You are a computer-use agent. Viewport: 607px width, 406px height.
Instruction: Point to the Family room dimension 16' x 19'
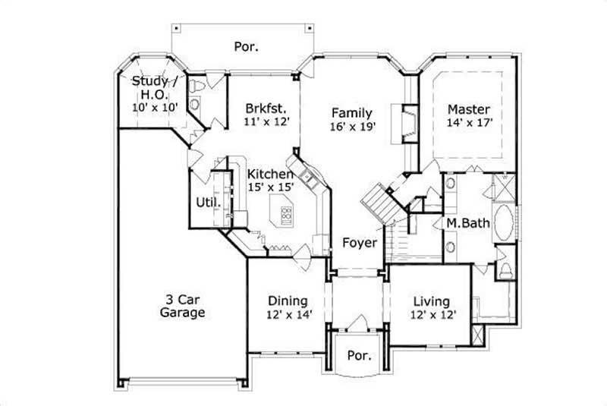tap(354, 127)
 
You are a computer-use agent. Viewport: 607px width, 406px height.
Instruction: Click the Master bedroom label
tap(467, 109)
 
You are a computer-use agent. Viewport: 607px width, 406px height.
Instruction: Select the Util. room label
tap(209, 203)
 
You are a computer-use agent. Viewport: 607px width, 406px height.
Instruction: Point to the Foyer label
tap(359, 243)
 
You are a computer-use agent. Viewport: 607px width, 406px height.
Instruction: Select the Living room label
tap(430, 301)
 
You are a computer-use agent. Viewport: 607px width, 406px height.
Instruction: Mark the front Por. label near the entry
tap(358, 355)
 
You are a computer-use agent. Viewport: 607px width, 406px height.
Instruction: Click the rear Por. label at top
tap(246, 46)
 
